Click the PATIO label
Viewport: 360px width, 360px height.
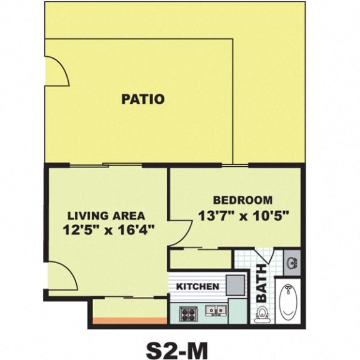[143, 99]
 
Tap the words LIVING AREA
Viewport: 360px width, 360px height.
[106, 216]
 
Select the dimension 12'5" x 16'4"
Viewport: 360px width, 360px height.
[109, 229]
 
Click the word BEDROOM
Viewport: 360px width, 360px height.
[242, 201]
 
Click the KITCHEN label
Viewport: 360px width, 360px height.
[197, 287]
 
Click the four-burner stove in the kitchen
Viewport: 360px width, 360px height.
[188, 313]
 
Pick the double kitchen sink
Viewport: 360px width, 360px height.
[216, 310]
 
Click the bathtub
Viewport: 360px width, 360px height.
[289, 303]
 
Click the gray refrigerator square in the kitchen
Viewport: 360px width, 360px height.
[234, 285]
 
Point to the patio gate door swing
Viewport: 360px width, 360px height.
[56, 71]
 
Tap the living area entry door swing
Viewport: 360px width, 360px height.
[61, 276]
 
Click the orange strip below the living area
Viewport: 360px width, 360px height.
[130, 322]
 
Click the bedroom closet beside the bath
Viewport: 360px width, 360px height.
[200, 259]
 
